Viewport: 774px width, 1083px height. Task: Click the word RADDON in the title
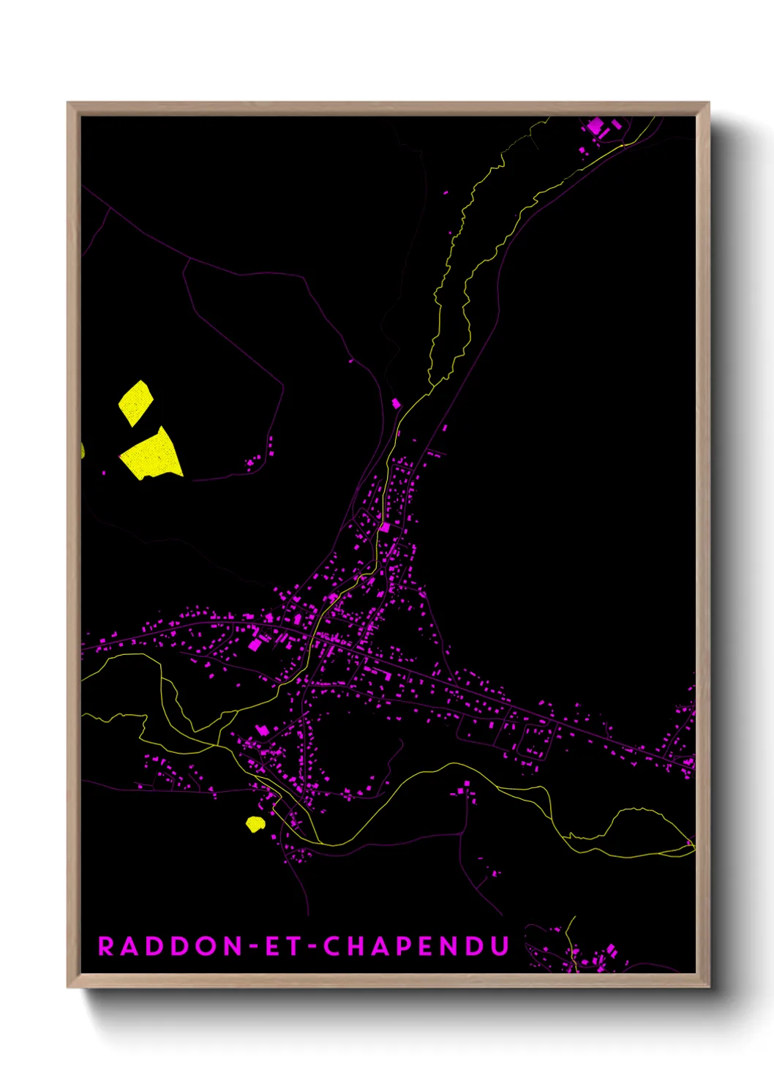(170, 946)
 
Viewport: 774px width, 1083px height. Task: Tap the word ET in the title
(280, 946)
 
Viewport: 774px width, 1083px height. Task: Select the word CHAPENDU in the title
(416, 946)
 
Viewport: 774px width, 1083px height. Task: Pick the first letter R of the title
(105, 946)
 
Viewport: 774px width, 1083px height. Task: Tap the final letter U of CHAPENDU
(500, 946)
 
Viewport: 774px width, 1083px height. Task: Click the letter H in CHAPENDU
(356, 946)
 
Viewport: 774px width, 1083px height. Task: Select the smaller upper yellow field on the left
(136, 402)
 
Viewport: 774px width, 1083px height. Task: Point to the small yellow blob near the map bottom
(255, 824)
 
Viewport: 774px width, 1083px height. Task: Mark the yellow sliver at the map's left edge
(83, 449)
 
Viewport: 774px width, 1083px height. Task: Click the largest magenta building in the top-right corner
(595, 126)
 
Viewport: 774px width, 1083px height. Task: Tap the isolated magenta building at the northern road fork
(397, 403)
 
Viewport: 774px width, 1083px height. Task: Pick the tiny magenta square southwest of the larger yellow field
(103, 473)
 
